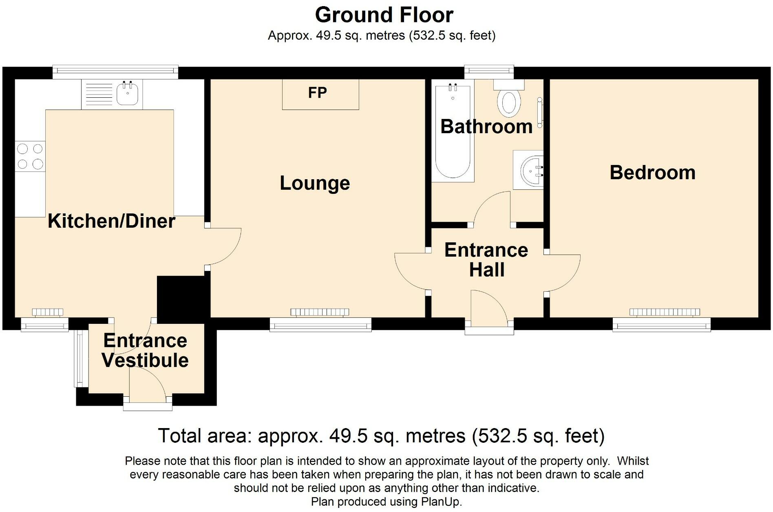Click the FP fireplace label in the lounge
[317, 93]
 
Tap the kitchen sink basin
[127, 93]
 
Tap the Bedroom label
[652, 172]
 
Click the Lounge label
[315, 183]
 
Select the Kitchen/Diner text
[111, 221]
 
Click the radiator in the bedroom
[665, 312]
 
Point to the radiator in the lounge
[320, 312]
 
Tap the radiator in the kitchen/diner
[48, 312]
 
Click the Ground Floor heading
[384, 15]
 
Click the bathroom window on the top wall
[489, 72]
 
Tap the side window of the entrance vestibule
[81, 358]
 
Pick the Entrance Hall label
[486, 260]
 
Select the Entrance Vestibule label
[145, 350]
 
